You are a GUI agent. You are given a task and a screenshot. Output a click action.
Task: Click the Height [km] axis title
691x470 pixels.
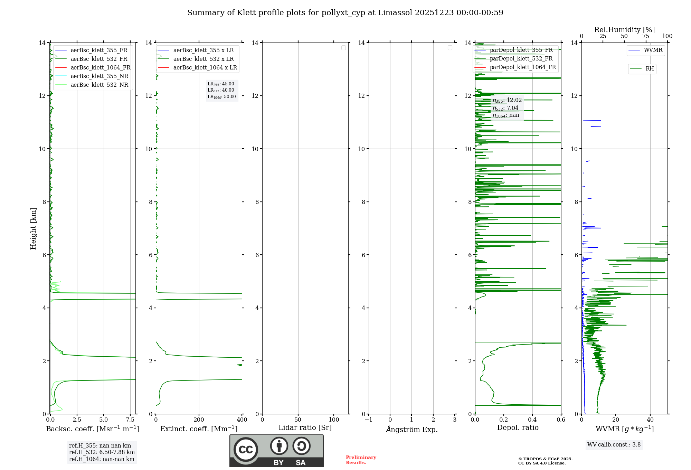(34, 228)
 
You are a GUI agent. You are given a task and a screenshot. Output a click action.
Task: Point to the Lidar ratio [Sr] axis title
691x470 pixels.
(305, 428)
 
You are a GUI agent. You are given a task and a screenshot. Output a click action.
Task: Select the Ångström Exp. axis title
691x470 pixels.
(411, 430)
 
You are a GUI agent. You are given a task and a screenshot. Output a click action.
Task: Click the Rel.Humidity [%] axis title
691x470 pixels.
(624, 30)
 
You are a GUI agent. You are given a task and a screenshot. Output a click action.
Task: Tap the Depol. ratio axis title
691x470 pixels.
(518, 428)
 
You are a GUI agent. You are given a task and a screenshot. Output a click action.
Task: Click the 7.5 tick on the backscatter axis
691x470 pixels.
(130, 420)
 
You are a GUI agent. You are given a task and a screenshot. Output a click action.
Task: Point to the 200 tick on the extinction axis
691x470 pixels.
(199, 420)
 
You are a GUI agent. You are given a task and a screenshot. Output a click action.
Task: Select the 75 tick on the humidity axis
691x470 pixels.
(645, 36)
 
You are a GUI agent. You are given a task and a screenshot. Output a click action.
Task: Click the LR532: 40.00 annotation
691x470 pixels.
(221, 90)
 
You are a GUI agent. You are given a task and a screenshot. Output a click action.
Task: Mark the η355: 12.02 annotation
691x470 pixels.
(507, 101)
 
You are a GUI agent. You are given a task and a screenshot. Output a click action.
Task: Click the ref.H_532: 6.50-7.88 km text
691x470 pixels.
(102, 452)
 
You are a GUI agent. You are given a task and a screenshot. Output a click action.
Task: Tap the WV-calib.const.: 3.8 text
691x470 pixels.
(614, 445)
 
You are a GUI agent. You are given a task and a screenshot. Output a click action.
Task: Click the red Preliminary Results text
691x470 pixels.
(361, 460)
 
